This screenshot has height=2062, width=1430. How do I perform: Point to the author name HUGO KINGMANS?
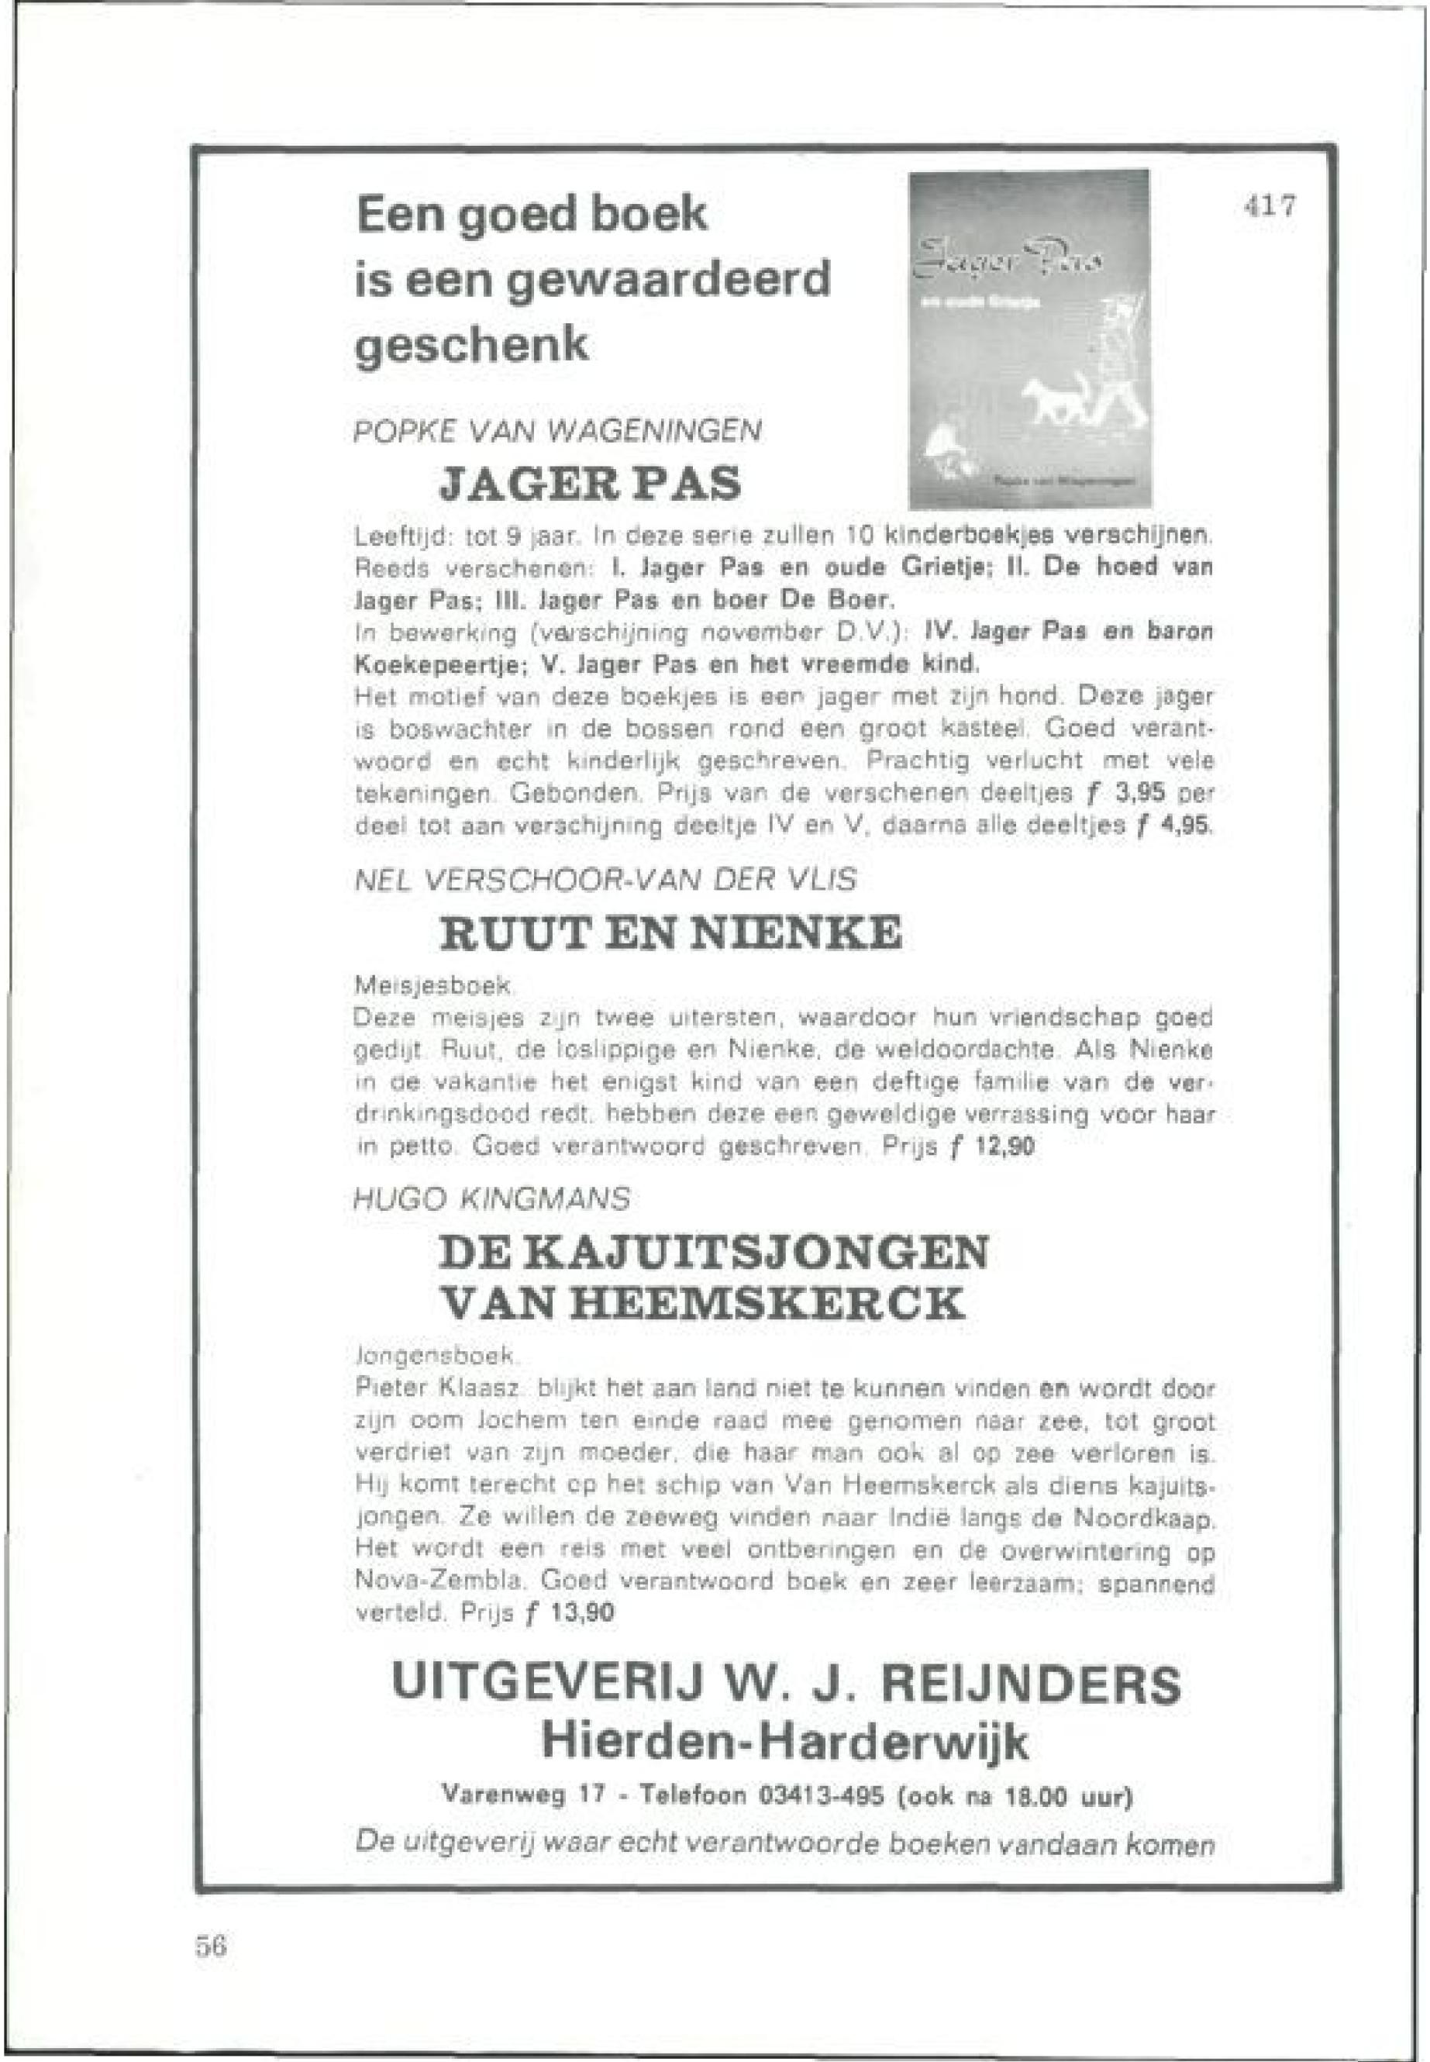pos(492,1198)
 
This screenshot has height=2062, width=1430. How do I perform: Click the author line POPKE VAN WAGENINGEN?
pos(558,432)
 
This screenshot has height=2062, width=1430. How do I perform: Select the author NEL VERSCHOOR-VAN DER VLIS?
pos(605,880)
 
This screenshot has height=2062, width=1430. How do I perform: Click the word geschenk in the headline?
pos(472,345)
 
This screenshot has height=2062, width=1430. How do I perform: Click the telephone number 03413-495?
pos(822,1797)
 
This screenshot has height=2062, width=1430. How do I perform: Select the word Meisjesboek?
pos(432,987)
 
